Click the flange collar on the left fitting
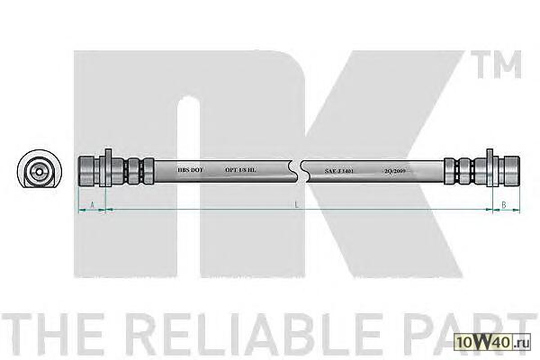(x=107, y=168)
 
